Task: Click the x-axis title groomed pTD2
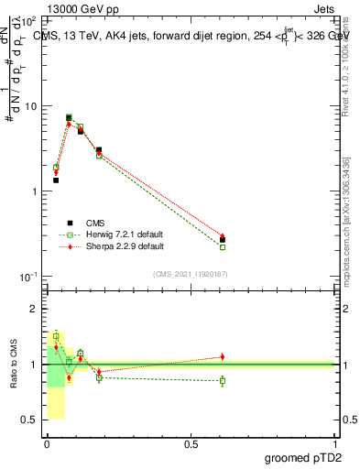[x=301, y=457]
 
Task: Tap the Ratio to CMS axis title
[x=14, y=364]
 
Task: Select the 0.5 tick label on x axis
[x=191, y=443]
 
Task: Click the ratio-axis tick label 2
[x=33, y=309]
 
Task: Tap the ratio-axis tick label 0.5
[x=29, y=420]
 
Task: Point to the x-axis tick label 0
[x=48, y=443]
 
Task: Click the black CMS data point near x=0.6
[x=223, y=240]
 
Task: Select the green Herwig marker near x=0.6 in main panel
[x=223, y=247]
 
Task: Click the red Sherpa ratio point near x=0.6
[x=223, y=356]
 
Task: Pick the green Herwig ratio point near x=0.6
[x=223, y=380]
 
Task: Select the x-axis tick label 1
[x=336, y=443]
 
